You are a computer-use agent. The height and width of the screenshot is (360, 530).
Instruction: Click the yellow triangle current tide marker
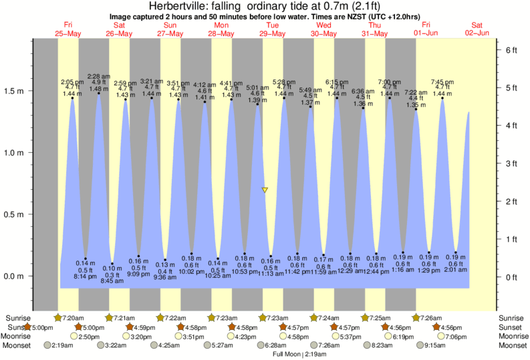pos(265,190)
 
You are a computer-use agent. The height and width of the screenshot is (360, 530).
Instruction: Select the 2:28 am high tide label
pos(98,77)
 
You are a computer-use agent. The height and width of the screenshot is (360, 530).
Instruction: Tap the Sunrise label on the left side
pos(18,317)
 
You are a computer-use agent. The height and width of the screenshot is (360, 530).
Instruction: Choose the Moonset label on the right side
pos(512,345)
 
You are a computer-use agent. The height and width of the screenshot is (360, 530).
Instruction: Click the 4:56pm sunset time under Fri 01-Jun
pos(452,327)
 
